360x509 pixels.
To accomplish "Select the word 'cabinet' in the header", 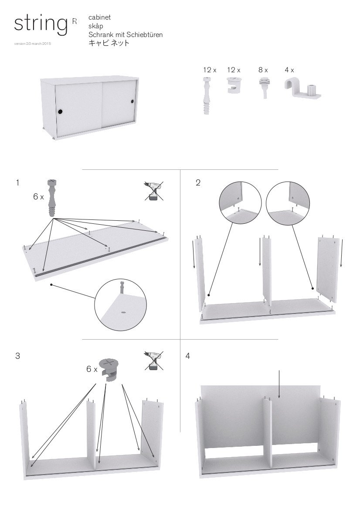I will [x=99, y=17].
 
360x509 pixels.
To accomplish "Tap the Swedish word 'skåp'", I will [x=96, y=26].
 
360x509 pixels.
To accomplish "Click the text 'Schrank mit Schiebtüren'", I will [x=126, y=34].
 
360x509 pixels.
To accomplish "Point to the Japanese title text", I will [x=109, y=43].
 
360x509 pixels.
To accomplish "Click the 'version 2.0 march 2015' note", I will [x=33, y=44].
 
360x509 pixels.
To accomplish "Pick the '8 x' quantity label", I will [x=263, y=70].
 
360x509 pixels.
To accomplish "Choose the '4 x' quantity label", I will [x=289, y=70].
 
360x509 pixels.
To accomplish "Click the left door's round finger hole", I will [x=60, y=112].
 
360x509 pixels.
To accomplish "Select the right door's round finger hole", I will [x=132, y=101].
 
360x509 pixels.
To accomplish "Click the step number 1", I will [x=17, y=183].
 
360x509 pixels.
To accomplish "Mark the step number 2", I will [x=198, y=183].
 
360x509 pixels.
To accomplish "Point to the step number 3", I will [x=17, y=356].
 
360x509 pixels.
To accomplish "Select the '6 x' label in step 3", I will [x=92, y=369].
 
